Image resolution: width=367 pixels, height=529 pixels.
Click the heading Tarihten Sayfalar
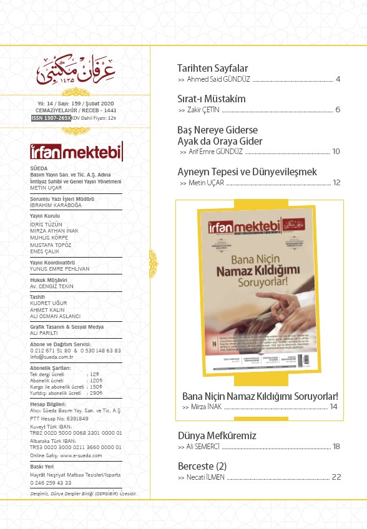213,68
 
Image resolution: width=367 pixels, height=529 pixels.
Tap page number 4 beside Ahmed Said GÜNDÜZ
337,79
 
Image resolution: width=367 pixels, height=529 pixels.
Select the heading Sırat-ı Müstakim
212,99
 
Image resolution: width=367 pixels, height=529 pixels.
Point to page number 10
336,152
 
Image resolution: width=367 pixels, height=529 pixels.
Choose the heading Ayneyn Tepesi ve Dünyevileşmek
247,172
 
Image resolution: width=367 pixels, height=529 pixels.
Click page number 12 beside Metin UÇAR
336,183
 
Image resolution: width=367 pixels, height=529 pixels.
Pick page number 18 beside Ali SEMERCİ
336,447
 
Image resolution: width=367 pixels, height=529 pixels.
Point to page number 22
336,477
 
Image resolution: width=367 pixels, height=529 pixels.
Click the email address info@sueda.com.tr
51,358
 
